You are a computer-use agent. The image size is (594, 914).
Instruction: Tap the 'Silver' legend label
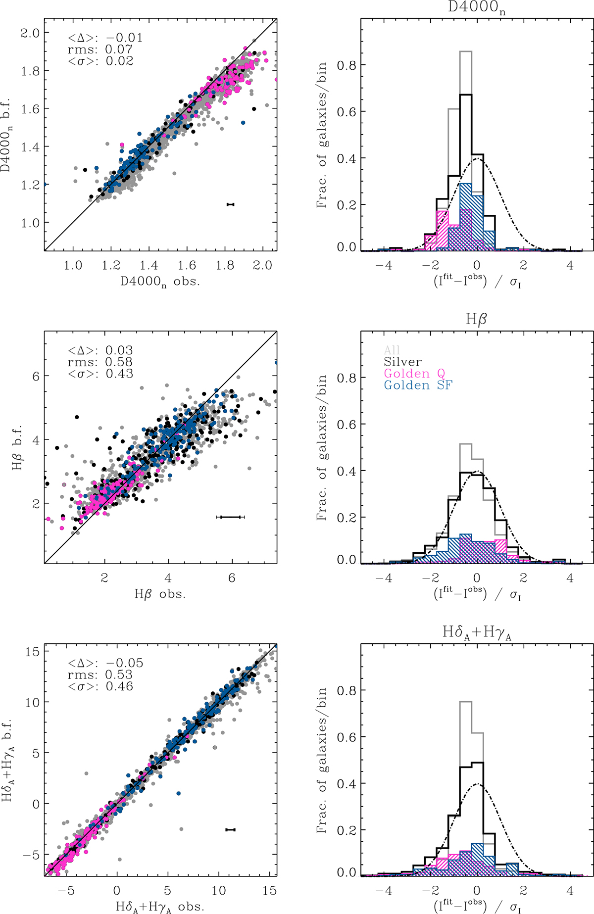coord(402,362)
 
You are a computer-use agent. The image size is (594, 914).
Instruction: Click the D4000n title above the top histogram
coord(477,8)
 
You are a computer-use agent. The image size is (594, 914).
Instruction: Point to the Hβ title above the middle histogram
coord(476,320)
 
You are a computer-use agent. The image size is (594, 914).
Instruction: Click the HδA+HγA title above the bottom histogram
coord(477,632)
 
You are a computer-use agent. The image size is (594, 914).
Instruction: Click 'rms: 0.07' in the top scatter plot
coord(100,49)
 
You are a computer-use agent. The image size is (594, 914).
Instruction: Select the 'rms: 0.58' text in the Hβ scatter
coord(100,362)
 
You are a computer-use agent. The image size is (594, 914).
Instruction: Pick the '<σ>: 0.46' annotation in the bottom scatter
coord(100,686)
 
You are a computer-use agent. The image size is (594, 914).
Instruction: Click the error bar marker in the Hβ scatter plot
coord(230,517)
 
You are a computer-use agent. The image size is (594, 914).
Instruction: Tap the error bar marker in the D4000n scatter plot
coord(230,204)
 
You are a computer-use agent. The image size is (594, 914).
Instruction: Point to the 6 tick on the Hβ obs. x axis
coord(232,578)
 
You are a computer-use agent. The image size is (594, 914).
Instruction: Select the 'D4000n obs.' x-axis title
coord(160,282)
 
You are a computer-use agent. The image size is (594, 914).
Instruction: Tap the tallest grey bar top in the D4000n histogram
coord(465,51)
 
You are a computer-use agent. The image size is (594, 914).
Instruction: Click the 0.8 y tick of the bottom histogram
coord(347,690)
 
